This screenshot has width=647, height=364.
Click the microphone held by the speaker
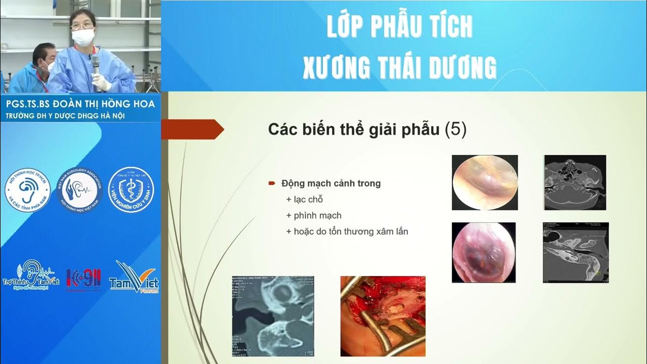coord(95,64)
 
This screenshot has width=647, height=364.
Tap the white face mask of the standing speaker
coord(83,36)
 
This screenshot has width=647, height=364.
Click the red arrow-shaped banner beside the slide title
coord(192,129)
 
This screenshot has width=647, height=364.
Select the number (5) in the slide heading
coord(455,129)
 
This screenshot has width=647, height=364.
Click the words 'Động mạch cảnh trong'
coord(331,184)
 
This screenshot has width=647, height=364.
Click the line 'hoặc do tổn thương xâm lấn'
coord(347,232)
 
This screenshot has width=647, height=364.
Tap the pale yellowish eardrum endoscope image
coord(484,183)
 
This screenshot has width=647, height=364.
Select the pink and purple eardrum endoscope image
coord(483,252)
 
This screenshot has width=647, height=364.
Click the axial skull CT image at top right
coord(575,183)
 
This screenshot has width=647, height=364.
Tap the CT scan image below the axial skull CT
coord(576,252)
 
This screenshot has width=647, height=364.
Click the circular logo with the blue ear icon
coord(28,190)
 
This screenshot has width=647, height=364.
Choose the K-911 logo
coord(83,279)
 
